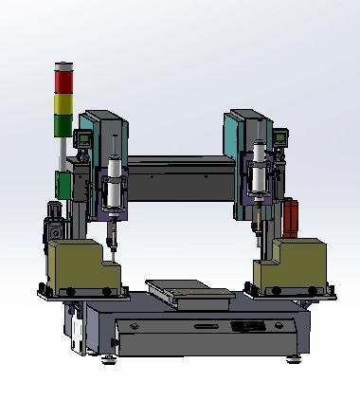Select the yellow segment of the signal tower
click(x=63, y=102)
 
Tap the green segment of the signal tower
click(x=63, y=124)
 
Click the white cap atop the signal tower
click(x=63, y=64)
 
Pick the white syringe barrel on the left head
click(x=115, y=186)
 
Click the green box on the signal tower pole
click(x=63, y=185)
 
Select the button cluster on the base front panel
click(x=248, y=326)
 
